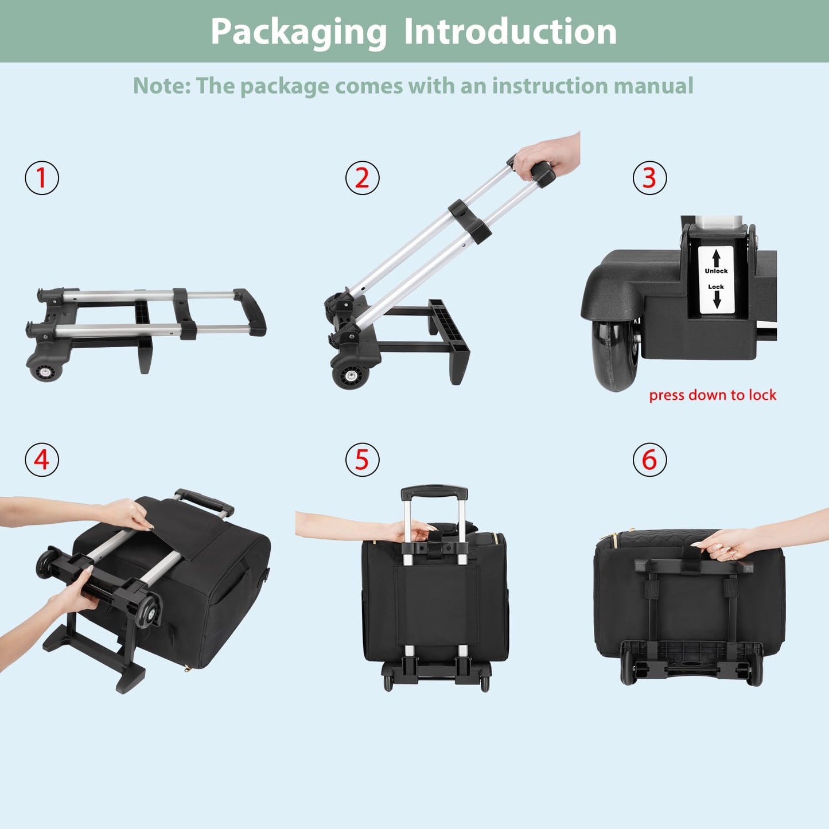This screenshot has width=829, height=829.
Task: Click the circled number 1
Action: tap(42, 178)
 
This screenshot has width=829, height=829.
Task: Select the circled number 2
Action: tap(362, 178)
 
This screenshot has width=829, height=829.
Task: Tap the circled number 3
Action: tap(649, 178)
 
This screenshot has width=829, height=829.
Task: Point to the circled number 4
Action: tap(42, 460)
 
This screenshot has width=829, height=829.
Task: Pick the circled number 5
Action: tap(362, 460)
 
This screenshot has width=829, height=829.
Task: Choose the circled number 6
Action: tap(649, 460)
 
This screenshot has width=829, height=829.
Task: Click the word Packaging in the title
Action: tap(298, 32)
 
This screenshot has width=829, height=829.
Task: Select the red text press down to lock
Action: tap(712, 395)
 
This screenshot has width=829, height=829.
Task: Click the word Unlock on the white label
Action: tap(716, 271)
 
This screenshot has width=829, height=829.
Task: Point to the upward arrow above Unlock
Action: tap(716, 258)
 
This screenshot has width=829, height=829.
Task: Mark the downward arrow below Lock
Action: tap(716, 299)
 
